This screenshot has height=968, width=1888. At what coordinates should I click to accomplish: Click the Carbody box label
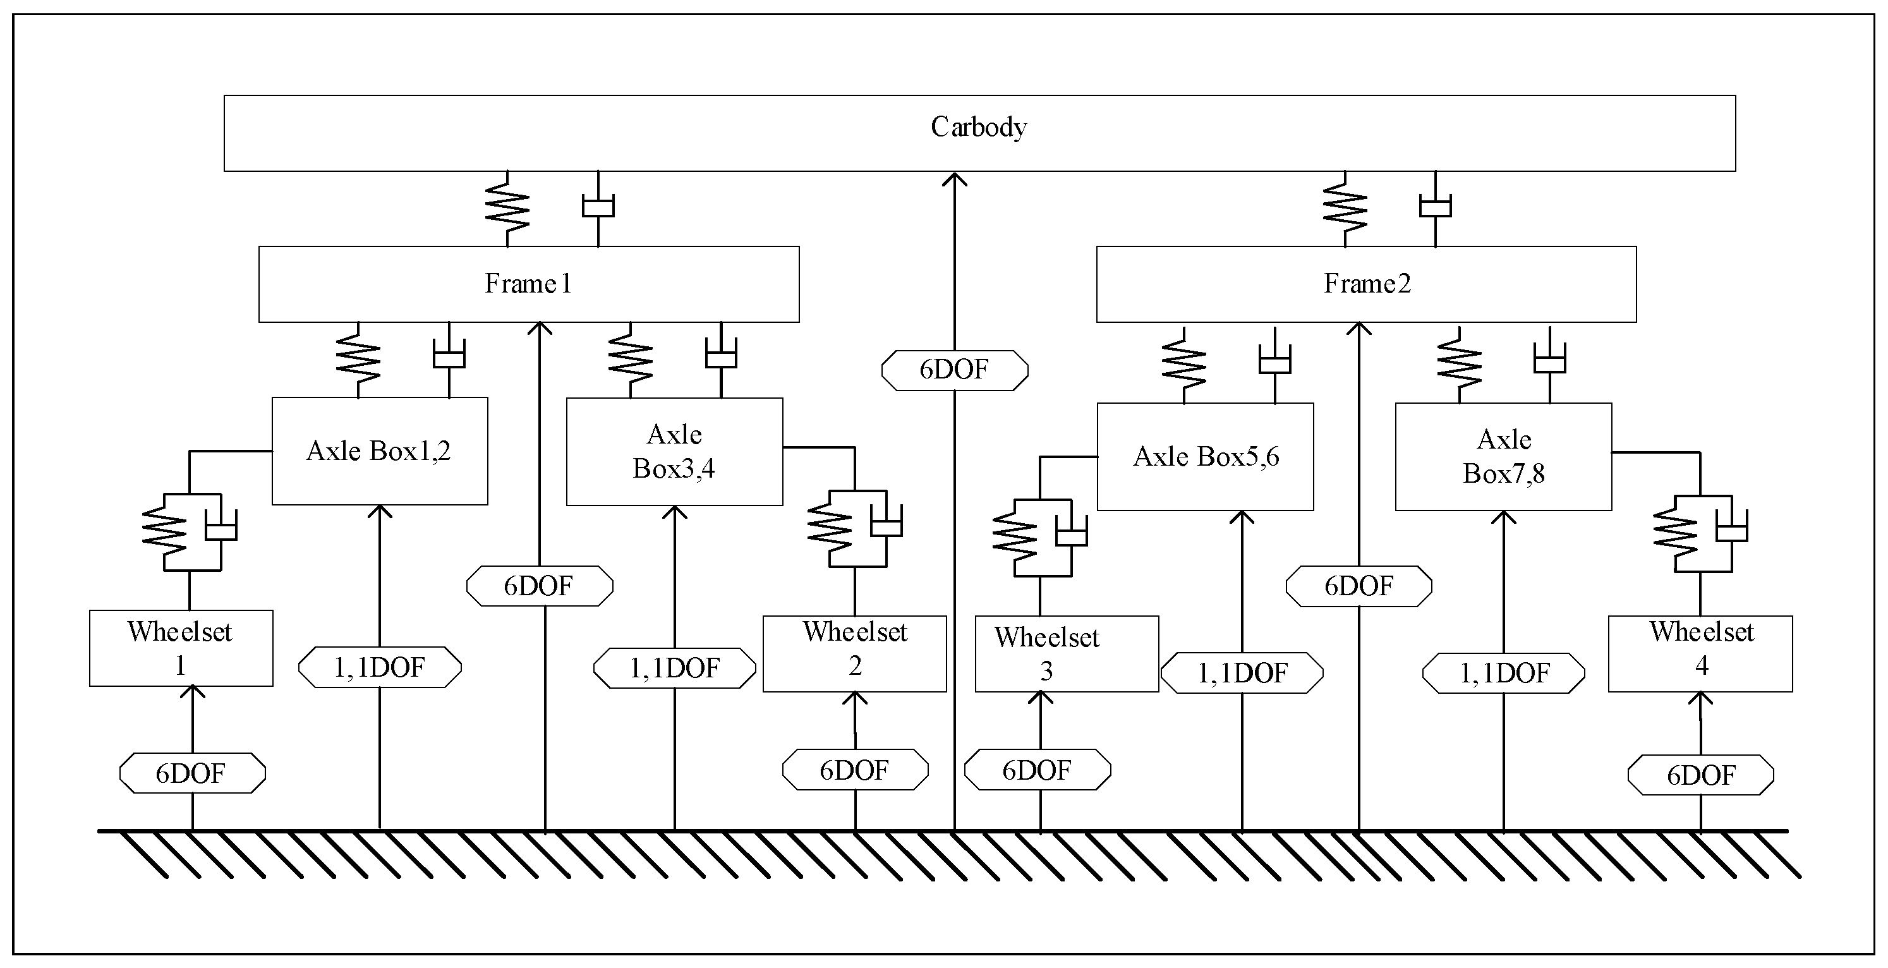pyautogui.click(x=979, y=128)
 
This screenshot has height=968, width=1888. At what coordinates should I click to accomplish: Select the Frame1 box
pyautogui.click(x=528, y=284)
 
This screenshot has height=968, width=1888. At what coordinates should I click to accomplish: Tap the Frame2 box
pyautogui.click(x=1366, y=284)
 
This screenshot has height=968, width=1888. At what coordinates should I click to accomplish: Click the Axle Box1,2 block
pyautogui.click(x=380, y=451)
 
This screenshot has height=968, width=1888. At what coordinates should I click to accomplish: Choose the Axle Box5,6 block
pyautogui.click(x=1205, y=457)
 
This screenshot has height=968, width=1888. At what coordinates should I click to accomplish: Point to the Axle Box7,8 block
pyautogui.click(x=1503, y=457)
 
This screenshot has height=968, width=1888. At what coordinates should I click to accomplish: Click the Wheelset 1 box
pyautogui.click(x=181, y=648)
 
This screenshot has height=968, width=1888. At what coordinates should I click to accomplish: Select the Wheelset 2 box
pyautogui.click(x=854, y=653)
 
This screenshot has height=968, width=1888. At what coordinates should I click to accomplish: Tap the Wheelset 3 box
pyautogui.click(x=1067, y=653)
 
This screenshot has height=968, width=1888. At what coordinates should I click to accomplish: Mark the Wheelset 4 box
pyautogui.click(x=1700, y=653)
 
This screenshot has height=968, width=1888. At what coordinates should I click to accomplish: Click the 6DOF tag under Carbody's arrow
pyautogui.click(x=954, y=370)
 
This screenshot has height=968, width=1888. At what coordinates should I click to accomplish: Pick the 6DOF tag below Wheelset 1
pyautogui.click(x=192, y=773)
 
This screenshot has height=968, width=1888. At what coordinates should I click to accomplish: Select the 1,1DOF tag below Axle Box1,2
pyautogui.click(x=380, y=667)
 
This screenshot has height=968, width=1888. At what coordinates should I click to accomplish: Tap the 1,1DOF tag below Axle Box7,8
pyautogui.click(x=1503, y=673)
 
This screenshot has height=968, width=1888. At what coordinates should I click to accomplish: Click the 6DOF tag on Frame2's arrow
pyautogui.click(x=1359, y=586)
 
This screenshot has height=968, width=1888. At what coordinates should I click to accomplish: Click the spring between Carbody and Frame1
pyautogui.click(x=507, y=209)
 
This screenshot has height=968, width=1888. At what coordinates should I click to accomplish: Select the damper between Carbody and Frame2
pyautogui.click(x=1435, y=209)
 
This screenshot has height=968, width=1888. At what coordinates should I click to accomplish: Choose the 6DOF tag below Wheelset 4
pyautogui.click(x=1700, y=775)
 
